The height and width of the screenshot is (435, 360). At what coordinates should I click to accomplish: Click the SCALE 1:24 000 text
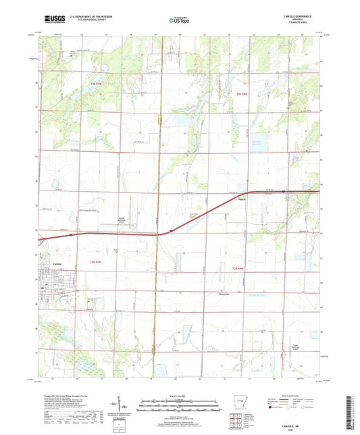click(179, 394)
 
